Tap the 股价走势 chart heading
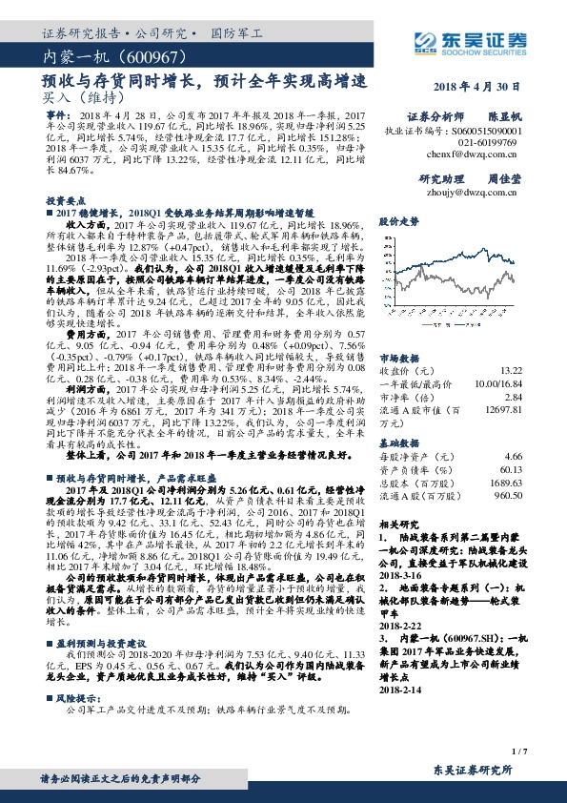point(399,220)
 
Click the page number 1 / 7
point(518,752)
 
